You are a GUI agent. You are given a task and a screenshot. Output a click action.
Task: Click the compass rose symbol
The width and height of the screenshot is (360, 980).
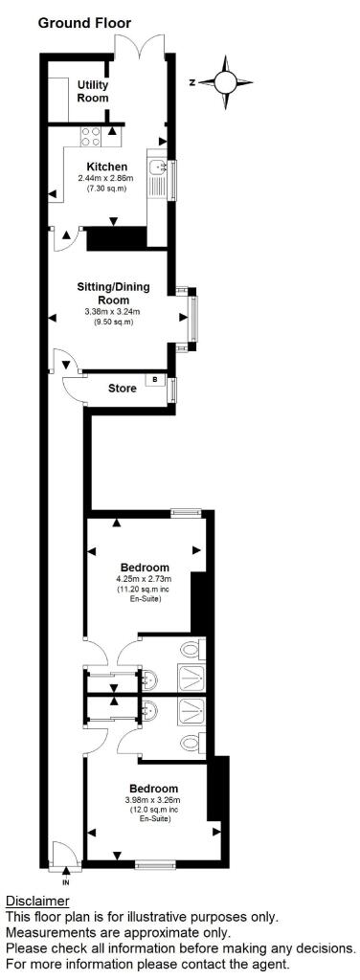(x=227, y=81)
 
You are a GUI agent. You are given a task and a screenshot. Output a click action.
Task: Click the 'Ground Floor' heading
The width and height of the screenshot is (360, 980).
(x=84, y=22)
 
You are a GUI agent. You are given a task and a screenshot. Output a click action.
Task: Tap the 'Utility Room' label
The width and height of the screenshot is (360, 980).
(x=93, y=92)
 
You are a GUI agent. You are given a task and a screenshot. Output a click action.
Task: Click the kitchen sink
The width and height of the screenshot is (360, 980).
(x=157, y=175)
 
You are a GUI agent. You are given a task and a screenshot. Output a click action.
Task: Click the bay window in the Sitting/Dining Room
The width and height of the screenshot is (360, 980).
(x=194, y=317)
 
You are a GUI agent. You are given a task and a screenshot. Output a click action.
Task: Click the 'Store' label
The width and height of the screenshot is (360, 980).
(x=122, y=389)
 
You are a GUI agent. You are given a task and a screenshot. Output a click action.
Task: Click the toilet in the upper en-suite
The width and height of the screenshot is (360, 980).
(x=192, y=651)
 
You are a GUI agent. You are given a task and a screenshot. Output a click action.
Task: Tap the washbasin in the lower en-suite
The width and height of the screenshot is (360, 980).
(x=152, y=713)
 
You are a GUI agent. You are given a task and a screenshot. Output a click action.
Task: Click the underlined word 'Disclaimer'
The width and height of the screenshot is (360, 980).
(x=37, y=902)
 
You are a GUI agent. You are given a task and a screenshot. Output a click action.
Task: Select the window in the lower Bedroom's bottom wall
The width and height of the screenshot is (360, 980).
(x=154, y=864)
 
